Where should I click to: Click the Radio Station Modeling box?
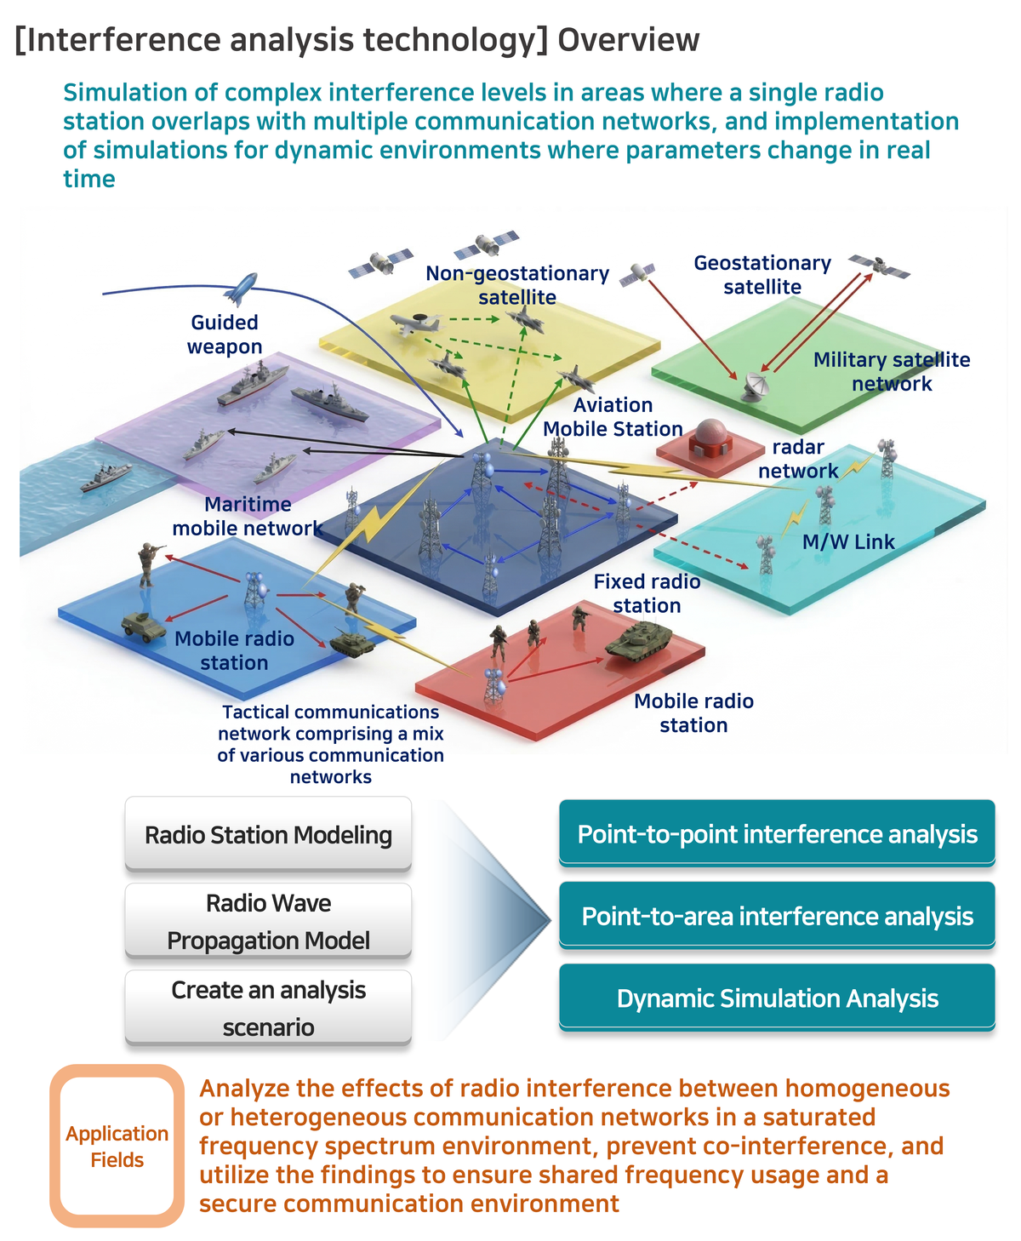pos(268,834)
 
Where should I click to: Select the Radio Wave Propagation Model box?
pos(268,921)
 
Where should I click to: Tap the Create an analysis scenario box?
pos(268,1008)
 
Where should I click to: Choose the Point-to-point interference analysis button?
pos(777,833)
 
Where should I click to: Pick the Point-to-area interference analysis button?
pos(777,916)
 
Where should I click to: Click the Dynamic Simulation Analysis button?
pos(777,998)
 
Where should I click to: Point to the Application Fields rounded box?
pos(117,1146)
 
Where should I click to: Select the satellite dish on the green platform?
pos(754,386)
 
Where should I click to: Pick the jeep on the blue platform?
pos(142,624)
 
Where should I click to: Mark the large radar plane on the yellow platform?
pos(417,324)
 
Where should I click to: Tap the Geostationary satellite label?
pos(762,275)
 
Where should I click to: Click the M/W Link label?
pos(848,541)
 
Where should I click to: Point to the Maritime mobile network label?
pos(248,516)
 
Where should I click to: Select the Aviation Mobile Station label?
pos(613,417)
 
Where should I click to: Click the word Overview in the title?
pos(629,40)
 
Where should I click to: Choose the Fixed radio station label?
pos(647,593)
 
